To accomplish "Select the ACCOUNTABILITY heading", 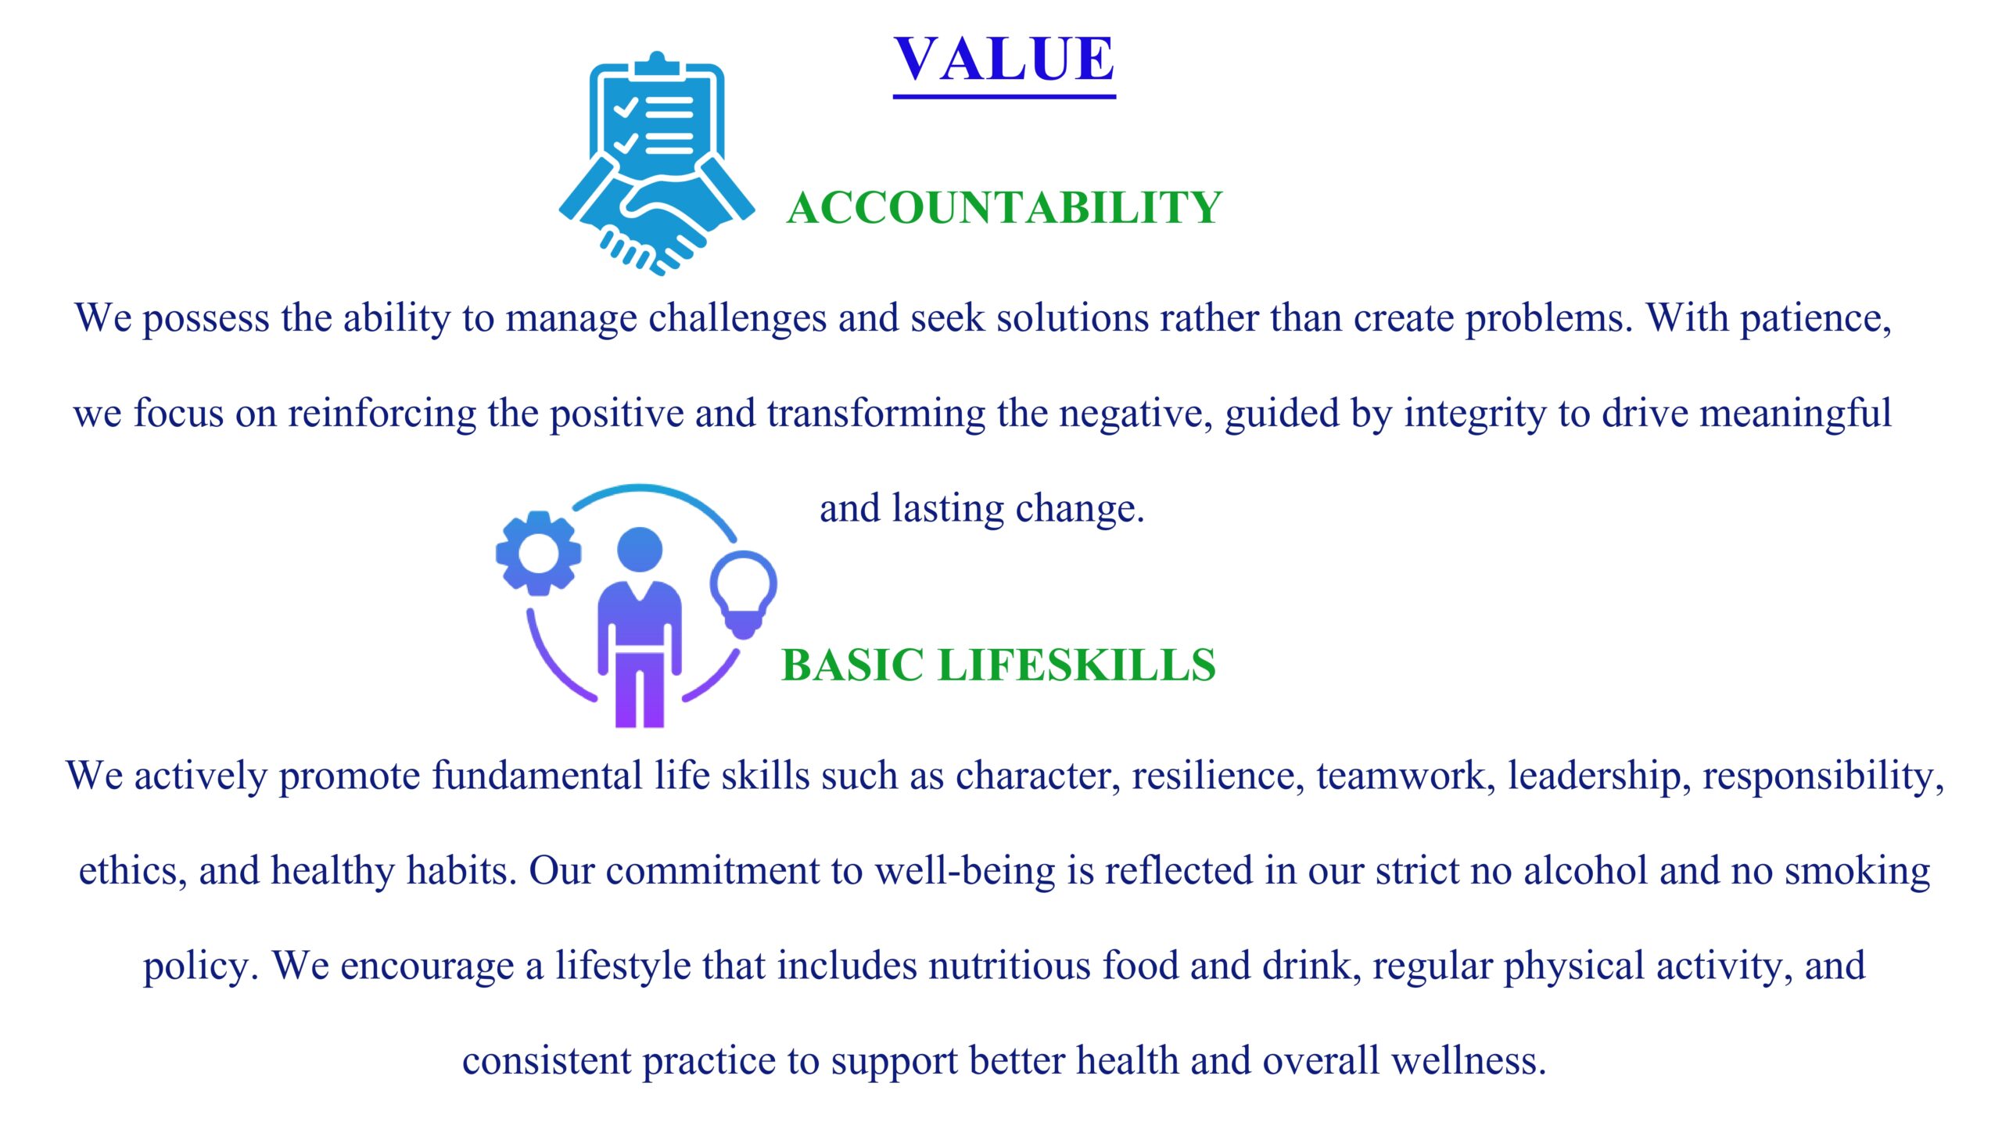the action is tap(1004, 208).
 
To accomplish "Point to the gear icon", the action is tap(538, 553).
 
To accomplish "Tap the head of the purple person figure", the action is tap(640, 549).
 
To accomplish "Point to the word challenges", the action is tap(737, 319).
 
